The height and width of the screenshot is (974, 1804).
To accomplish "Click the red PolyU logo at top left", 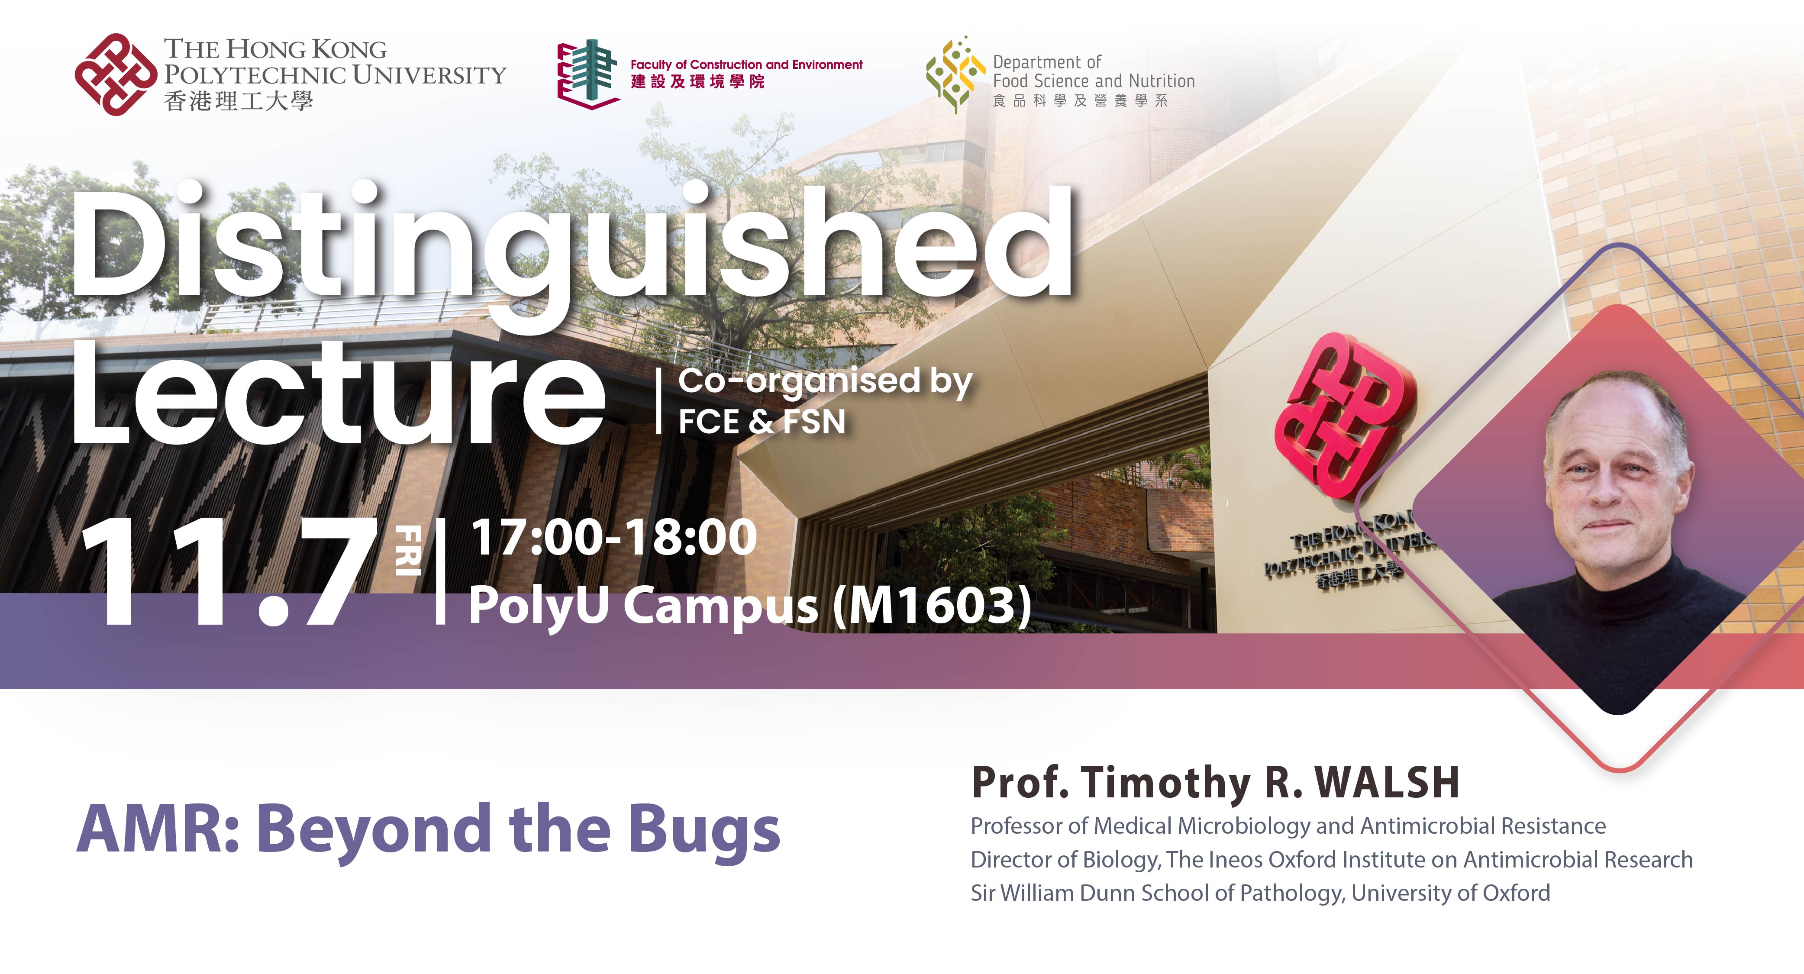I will pos(116,74).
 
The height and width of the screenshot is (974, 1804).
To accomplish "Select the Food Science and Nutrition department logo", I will pos(955,74).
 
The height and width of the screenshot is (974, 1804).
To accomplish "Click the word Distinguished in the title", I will pos(571,245).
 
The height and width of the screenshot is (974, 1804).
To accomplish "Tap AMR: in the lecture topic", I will pos(158,830).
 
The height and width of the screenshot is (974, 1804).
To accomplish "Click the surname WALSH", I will pos(1387,783).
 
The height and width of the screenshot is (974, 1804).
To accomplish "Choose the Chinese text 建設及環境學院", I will pos(697,82).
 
